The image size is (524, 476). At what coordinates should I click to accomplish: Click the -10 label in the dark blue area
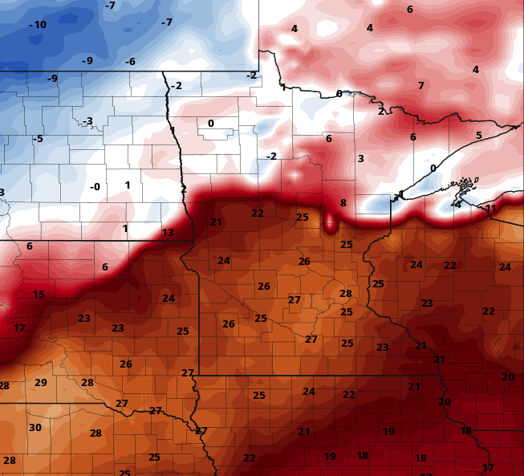[x=38, y=25]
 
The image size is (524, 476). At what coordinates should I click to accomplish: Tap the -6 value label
[x=129, y=62]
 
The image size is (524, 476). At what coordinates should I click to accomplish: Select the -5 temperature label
[x=37, y=139]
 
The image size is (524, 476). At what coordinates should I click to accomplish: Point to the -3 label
[x=87, y=121]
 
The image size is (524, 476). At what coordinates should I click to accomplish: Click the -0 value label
[x=95, y=187]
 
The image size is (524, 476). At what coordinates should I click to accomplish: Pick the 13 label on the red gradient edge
[x=168, y=233]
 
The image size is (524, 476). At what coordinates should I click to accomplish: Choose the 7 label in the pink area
[x=420, y=86]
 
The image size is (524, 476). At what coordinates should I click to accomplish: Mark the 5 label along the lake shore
[x=479, y=135]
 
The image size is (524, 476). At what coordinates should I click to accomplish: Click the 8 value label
[x=343, y=203]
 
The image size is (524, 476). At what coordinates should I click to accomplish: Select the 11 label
[x=491, y=209]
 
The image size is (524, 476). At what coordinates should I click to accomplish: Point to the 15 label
[x=39, y=295]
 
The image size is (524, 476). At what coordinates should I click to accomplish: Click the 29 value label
[x=41, y=382]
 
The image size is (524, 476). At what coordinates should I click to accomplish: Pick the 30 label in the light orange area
[x=35, y=428]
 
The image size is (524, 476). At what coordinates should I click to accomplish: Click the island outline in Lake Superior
[x=463, y=190]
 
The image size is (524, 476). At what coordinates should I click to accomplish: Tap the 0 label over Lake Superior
[x=433, y=168]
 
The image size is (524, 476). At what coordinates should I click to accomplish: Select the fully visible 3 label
[x=361, y=159]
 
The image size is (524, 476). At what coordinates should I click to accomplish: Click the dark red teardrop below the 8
[x=330, y=222]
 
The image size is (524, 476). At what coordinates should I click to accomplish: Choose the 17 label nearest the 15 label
[x=20, y=328]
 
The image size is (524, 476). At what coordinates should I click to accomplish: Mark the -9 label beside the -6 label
[x=87, y=60]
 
